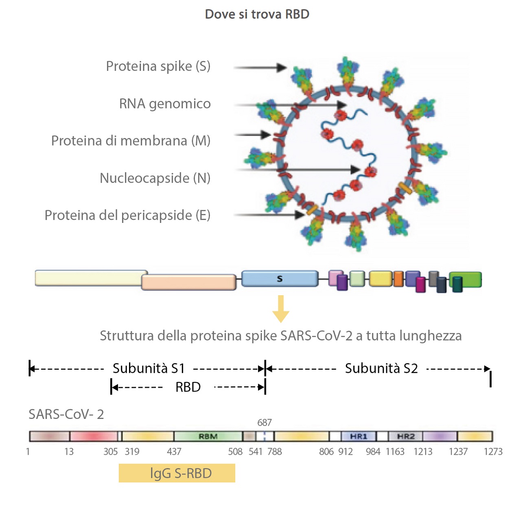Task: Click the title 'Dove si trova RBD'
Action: click(257, 14)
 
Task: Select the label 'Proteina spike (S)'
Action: click(158, 66)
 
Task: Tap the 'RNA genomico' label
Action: click(165, 104)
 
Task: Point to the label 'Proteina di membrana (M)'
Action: click(131, 141)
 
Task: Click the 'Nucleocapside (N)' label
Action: click(155, 178)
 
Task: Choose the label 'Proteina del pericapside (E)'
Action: click(127, 215)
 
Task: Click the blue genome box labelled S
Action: click(280, 279)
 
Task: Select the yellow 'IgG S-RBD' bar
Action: click(177, 473)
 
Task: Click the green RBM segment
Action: click(208, 436)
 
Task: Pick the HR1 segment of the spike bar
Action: click(359, 436)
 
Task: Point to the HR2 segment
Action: click(405, 436)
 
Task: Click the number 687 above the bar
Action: click(265, 423)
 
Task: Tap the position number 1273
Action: click(493, 451)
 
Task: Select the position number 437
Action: click(174, 451)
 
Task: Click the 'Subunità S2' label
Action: click(381, 368)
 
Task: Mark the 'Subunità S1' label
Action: click(149, 368)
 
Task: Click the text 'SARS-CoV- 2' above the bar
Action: click(66, 414)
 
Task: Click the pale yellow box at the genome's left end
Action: click(90, 278)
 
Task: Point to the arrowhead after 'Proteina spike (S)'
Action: click(282, 68)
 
